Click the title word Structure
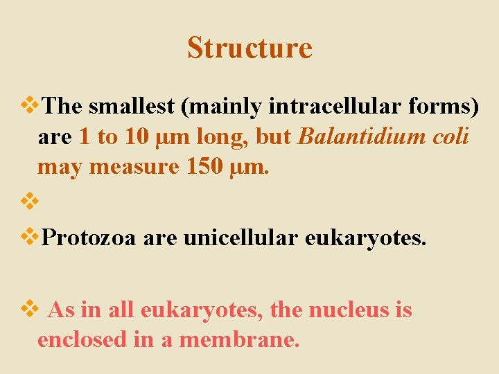click(249, 48)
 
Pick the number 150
click(205, 167)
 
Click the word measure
click(132, 167)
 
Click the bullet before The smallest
click(30, 105)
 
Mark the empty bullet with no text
click(30, 202)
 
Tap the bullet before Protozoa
click(30, 237)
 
